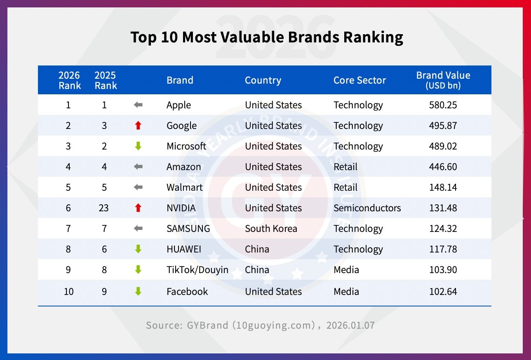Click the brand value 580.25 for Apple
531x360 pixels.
pyautogui.click(x=443, y=105)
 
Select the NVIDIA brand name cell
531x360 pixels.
pyautogui.click(x=181, y=208)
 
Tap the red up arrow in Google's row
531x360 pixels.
pyautogui.click(x=138, y=126)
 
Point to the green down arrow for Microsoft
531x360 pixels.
pyautogui.click(x=138, y=146)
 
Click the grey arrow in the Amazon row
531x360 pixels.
pyautogui.click(x=138, y=167)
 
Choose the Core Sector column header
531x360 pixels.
pyautogui.click(x=359, y=80)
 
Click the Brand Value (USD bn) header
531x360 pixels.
pyautogui.click(x=443, y=80)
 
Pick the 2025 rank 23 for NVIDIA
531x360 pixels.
pyautogui.click(x=104, y=208)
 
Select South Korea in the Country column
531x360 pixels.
pyautogui.click(x=271, y=229)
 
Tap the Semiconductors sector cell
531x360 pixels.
pyautogui.click(x=367, y=208)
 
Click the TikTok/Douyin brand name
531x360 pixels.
pyautogui.click(x=197, y=270)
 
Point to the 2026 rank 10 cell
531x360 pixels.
pyautogui.click(x=68, y=292)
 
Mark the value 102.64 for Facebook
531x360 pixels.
pyautogui.click(x=443, y=292)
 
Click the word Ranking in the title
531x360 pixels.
pyautogui.click(x=373, y=37)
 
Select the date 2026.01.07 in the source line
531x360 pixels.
pyautogui.click(x=350, y=325)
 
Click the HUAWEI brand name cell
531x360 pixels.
pyautogui.click(x=183, y=249)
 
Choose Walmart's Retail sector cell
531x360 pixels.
pyautogui.click(x=345, y=187)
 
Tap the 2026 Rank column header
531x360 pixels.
pyautogui.click(x=69, y=80)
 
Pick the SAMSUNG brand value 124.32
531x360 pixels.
pyautogui.click(x=443, y=229)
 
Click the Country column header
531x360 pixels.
pyautogui.click(x=263, y=80)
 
